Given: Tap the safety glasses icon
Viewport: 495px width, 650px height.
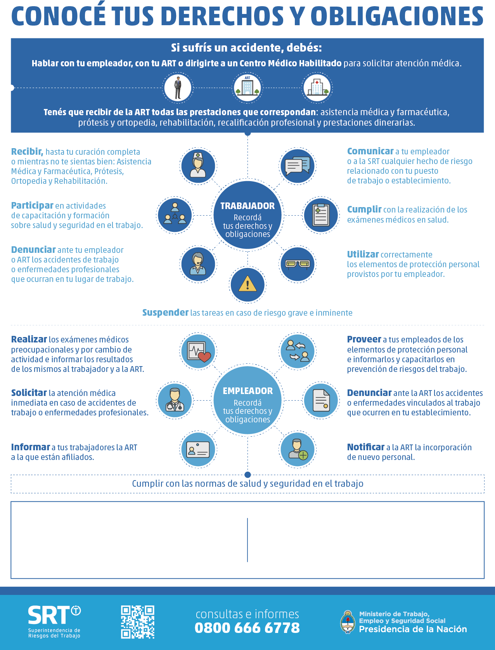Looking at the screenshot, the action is tap(298, 264).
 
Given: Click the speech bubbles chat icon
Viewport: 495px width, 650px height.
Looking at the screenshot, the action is tap(298, 166).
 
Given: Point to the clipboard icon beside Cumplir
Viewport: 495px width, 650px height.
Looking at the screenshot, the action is tap(321, 215).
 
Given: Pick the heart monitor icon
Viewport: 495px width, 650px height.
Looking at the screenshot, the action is tap(199, 351).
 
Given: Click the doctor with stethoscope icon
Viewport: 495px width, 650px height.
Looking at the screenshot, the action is tap(175, 399).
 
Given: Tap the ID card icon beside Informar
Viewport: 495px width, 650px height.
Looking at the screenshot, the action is tap(198, 449).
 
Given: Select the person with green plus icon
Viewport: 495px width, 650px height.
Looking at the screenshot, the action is tap(298, 449).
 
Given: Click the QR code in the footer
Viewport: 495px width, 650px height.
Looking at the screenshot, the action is tap(137, 622).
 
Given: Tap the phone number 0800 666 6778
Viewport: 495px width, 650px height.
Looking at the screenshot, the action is tap(247, 628).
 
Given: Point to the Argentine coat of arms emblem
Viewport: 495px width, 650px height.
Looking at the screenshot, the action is tap(348, 622).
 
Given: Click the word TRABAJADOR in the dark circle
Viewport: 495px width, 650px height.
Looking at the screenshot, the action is tap(247, 206).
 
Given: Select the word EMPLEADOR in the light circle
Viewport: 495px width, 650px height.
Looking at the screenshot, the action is tap(247, 391).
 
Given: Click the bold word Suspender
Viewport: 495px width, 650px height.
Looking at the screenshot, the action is tap(165, 313).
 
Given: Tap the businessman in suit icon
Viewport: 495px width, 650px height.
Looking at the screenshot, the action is tap(178, 88).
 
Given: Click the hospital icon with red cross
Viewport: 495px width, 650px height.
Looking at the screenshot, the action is tap(317, 87).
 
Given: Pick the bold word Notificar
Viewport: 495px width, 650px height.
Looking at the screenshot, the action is tap(365, 447).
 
